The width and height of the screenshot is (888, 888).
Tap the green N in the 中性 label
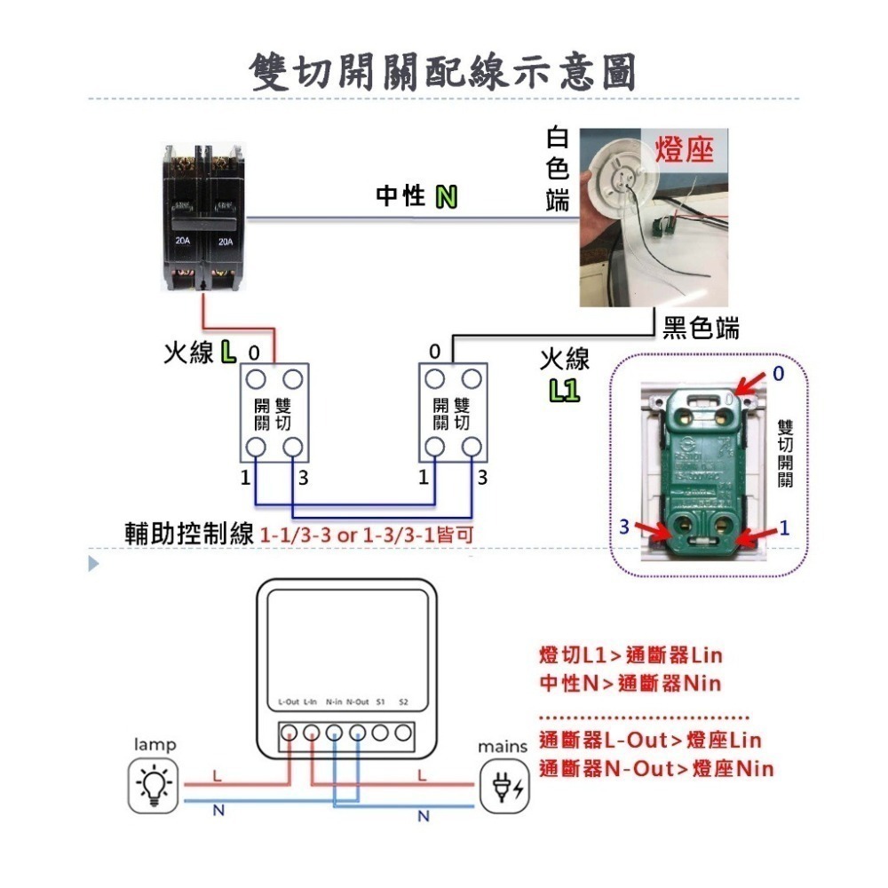click(x=446, y=197)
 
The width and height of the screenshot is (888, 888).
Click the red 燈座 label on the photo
click(x=685, y=149)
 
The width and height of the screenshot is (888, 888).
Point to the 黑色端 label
click(x=701, y=329)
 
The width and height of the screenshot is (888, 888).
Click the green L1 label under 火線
click(x=564, y=390)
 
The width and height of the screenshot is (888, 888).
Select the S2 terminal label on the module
click(x=403, y=702)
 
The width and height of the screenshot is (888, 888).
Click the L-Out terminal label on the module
click(x=289, y=702)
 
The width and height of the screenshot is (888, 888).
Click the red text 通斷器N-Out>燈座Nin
click(x=655, y=769)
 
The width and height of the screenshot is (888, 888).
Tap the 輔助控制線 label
click(x=191, y=535)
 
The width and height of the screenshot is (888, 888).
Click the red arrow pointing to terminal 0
click(x=748, y=381)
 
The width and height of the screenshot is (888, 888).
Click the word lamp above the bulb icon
click(x=155, y=743)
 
